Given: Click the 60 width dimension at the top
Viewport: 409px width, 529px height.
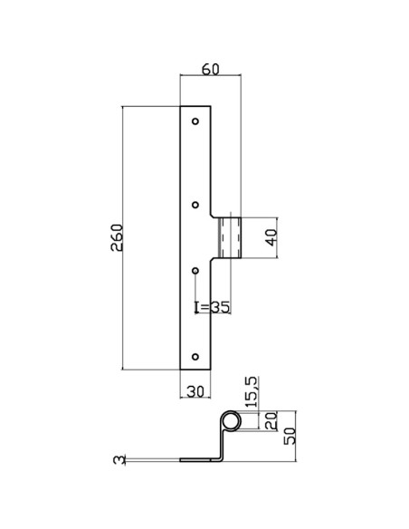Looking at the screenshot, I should (211, 68).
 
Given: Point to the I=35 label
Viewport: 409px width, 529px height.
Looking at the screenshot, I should (213, 306).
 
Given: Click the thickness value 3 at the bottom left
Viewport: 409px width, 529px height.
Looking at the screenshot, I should (118, 461).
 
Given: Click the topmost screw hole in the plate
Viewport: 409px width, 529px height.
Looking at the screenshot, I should (196, 120).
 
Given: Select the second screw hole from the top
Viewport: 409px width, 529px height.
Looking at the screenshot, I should (196, 203).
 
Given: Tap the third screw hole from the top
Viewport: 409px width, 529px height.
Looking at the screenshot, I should (196, 271).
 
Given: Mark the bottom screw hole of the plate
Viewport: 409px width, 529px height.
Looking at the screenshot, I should (196, 354).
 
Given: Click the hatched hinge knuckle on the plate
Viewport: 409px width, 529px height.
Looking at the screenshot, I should (230, 238).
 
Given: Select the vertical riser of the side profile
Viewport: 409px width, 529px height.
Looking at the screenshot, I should (221, 444).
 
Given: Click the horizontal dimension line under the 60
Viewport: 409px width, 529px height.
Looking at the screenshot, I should (210, 78).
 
